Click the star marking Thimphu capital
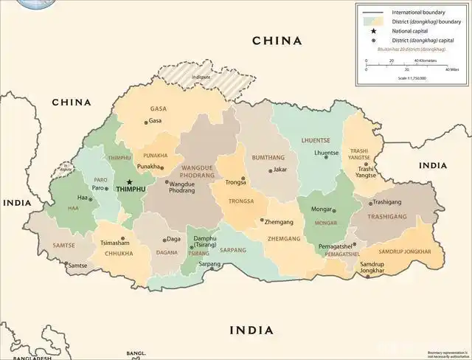point(129,181)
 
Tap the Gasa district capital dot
point(145,122)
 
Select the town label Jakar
point(280,170)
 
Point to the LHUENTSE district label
point(315,139)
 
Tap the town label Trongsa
point(235,181)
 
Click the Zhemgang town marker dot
point(262,220)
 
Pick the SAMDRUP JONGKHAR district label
point(405,252)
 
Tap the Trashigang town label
point(387,201)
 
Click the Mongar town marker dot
point(334,210)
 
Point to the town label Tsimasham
point(115,243)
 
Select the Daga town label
point(174,239)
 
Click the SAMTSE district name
point(64,244)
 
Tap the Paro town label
point(97,188)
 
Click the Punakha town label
point(148,167)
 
